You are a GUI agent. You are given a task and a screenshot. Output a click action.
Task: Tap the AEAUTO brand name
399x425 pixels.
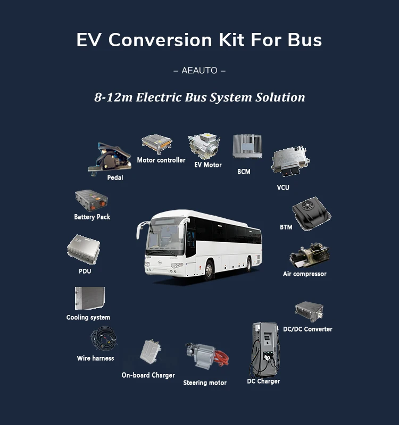[199, 71]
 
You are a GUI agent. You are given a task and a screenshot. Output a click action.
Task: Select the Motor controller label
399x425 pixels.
[161, 160]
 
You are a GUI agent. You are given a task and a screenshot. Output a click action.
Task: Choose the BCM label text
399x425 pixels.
[244, 172]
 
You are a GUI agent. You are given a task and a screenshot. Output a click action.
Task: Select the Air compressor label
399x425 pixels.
[305, 274]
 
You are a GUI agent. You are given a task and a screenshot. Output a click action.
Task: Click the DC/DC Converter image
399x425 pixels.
[310, 312]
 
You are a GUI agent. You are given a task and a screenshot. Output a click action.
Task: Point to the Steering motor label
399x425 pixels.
[205, 382]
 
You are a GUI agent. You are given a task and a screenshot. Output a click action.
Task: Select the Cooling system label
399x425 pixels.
[88, 318]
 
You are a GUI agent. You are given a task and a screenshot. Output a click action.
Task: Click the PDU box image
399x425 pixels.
[84, 250]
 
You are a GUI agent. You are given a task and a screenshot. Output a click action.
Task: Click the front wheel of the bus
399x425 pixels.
[209, 270]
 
